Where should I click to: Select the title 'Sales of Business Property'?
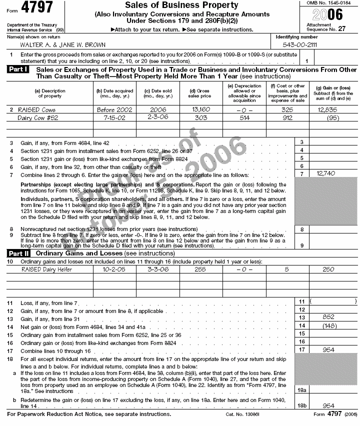(x=181, y=5)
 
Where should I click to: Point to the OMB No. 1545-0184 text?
(x=332, y=3)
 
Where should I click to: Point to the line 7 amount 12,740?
(x=325, y=173)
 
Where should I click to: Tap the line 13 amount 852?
(x=328, y=317)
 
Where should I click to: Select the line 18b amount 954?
(x=328, y=405)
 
